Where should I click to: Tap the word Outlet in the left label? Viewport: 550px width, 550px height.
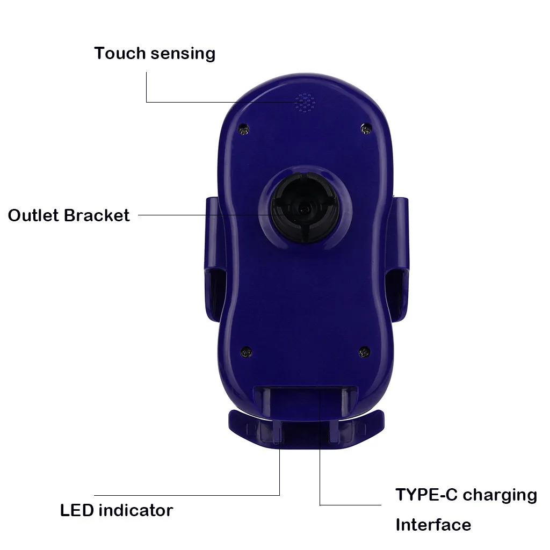pos(33,215)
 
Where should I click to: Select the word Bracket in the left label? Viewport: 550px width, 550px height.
pos(97,215)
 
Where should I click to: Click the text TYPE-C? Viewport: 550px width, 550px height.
pos(426,494)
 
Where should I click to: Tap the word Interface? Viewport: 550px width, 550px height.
pos(433,525)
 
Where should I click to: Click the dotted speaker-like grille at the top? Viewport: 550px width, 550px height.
pos(305,103)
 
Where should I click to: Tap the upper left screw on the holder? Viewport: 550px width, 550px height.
pos(244,129)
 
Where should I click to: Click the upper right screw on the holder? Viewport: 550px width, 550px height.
pos(366,128)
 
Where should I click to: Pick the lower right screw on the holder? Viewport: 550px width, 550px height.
pos(364,351)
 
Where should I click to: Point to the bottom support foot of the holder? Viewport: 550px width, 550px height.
pos(306,430)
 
